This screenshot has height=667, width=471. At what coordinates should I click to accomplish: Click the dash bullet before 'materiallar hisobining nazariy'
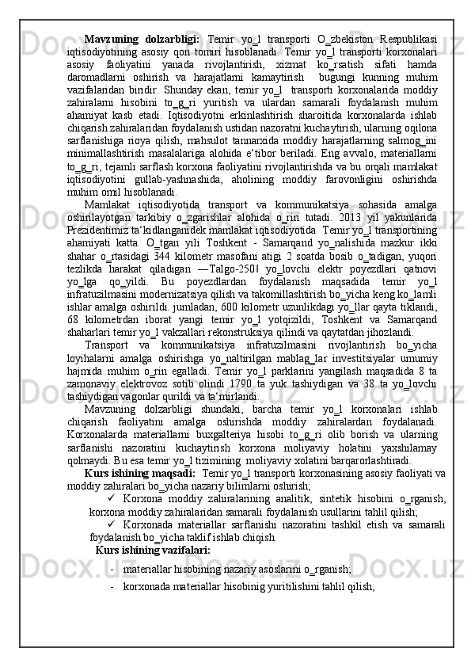click(114, 592)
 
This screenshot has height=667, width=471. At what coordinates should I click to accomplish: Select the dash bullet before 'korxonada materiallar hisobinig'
click(114, 610)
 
